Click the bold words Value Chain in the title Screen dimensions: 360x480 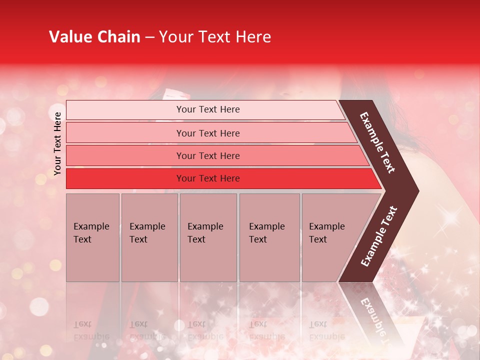tap(94, 37)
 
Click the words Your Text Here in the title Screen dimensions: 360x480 tap(215, 37)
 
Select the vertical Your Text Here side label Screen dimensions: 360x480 tap(57, 143)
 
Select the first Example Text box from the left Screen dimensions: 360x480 tap(92, 237)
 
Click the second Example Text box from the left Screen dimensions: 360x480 tap(149, 237)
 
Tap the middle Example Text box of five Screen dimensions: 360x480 tap(208, 237)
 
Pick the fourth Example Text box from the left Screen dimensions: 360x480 tap(269, 237)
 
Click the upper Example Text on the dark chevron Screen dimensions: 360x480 tap(378, 142)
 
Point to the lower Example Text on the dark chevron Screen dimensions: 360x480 tap(379, 236)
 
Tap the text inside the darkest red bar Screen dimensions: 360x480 tap(208, 178)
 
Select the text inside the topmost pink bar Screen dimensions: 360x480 tap(208, 109)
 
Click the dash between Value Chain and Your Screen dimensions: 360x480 tap(149, 37)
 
